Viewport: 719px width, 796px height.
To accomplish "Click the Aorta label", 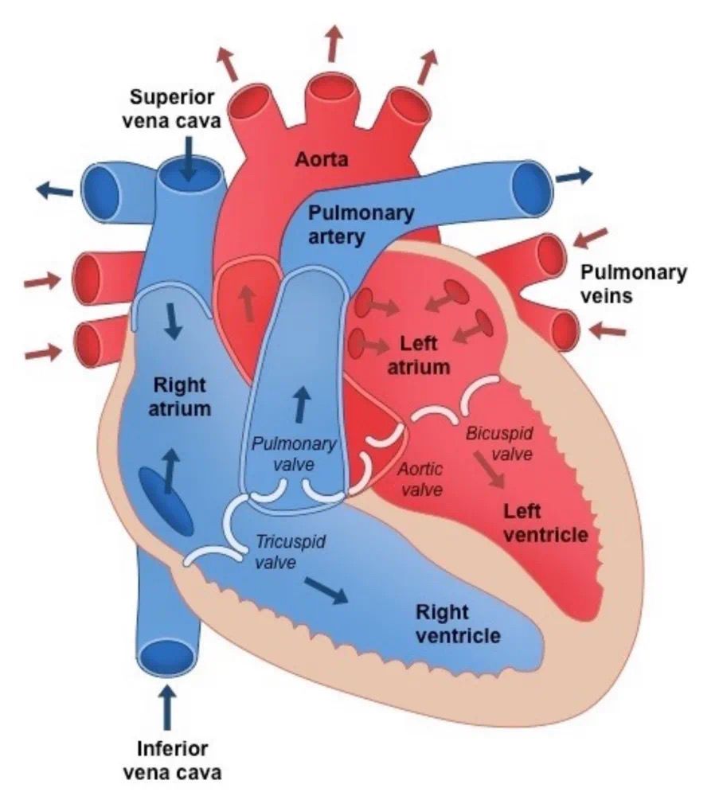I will (322, 158).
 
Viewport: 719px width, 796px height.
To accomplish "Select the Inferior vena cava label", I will (173, 759).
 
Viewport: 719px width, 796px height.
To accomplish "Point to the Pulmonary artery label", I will (361, 224).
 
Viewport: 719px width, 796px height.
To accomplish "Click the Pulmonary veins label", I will (633, 283).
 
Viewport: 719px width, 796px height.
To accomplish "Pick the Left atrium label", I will (425, 356).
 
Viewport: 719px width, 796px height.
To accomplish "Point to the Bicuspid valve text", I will (498, 443).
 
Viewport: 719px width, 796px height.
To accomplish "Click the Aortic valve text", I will (421, 478).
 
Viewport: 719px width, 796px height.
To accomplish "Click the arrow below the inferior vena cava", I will (167, 708).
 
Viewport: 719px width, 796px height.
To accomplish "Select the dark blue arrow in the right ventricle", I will (326, 590).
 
